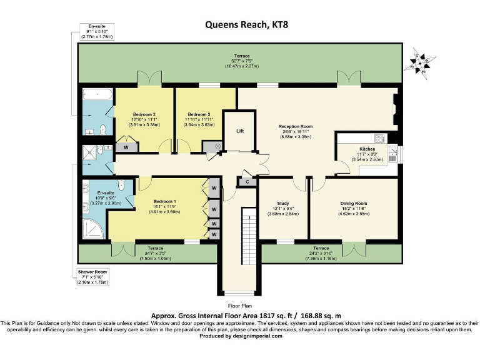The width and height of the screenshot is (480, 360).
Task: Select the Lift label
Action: point(239,131)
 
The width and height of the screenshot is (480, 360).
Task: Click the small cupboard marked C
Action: point(247,182)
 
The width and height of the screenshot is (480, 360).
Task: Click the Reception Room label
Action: point(295,126)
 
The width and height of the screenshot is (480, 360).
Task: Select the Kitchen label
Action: point(366,149)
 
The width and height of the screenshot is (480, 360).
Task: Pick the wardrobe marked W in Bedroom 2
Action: point(126,147)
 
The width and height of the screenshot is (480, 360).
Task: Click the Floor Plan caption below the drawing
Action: point(240,306)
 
